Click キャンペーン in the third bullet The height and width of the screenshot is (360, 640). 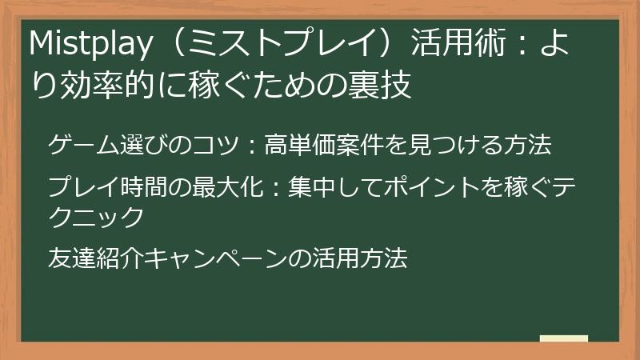click(213, 258)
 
